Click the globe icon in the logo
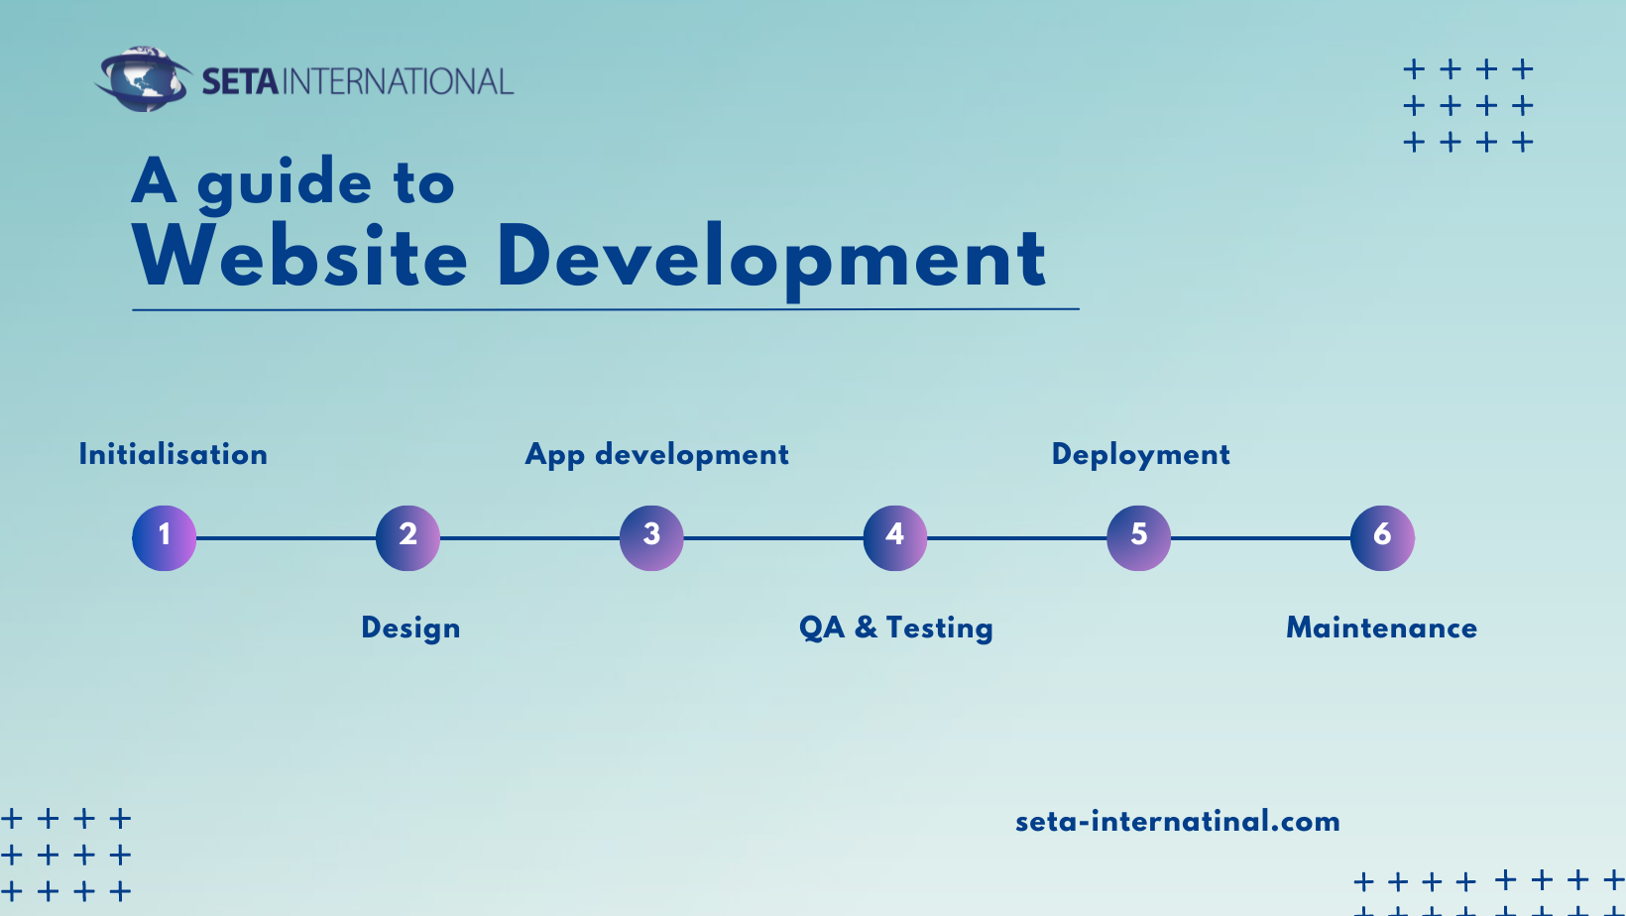[x=143, y=79]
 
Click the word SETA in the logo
[x=240, y=81]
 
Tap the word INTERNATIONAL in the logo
[x=398, y=81]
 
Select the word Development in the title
[x=771, y=262]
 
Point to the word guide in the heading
[x=285, y=184]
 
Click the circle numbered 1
[x=164, y=538]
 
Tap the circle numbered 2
[x=407, y=538]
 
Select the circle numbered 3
[x=651, y=538]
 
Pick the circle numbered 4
[x=895, y=538]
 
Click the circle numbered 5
[x=1139, y=538]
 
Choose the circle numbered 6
[x=1382, y=538]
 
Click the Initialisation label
[x=173, y=454]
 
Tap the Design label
[x=410, y=629]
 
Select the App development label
[x=657, y=456]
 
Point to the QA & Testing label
[x=895, y=629]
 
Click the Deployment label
[x=1141, y=456]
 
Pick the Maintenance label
[x=1381, y=628]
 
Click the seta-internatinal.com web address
[x=1178, y=822]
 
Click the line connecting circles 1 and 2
[x=286, y=538]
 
